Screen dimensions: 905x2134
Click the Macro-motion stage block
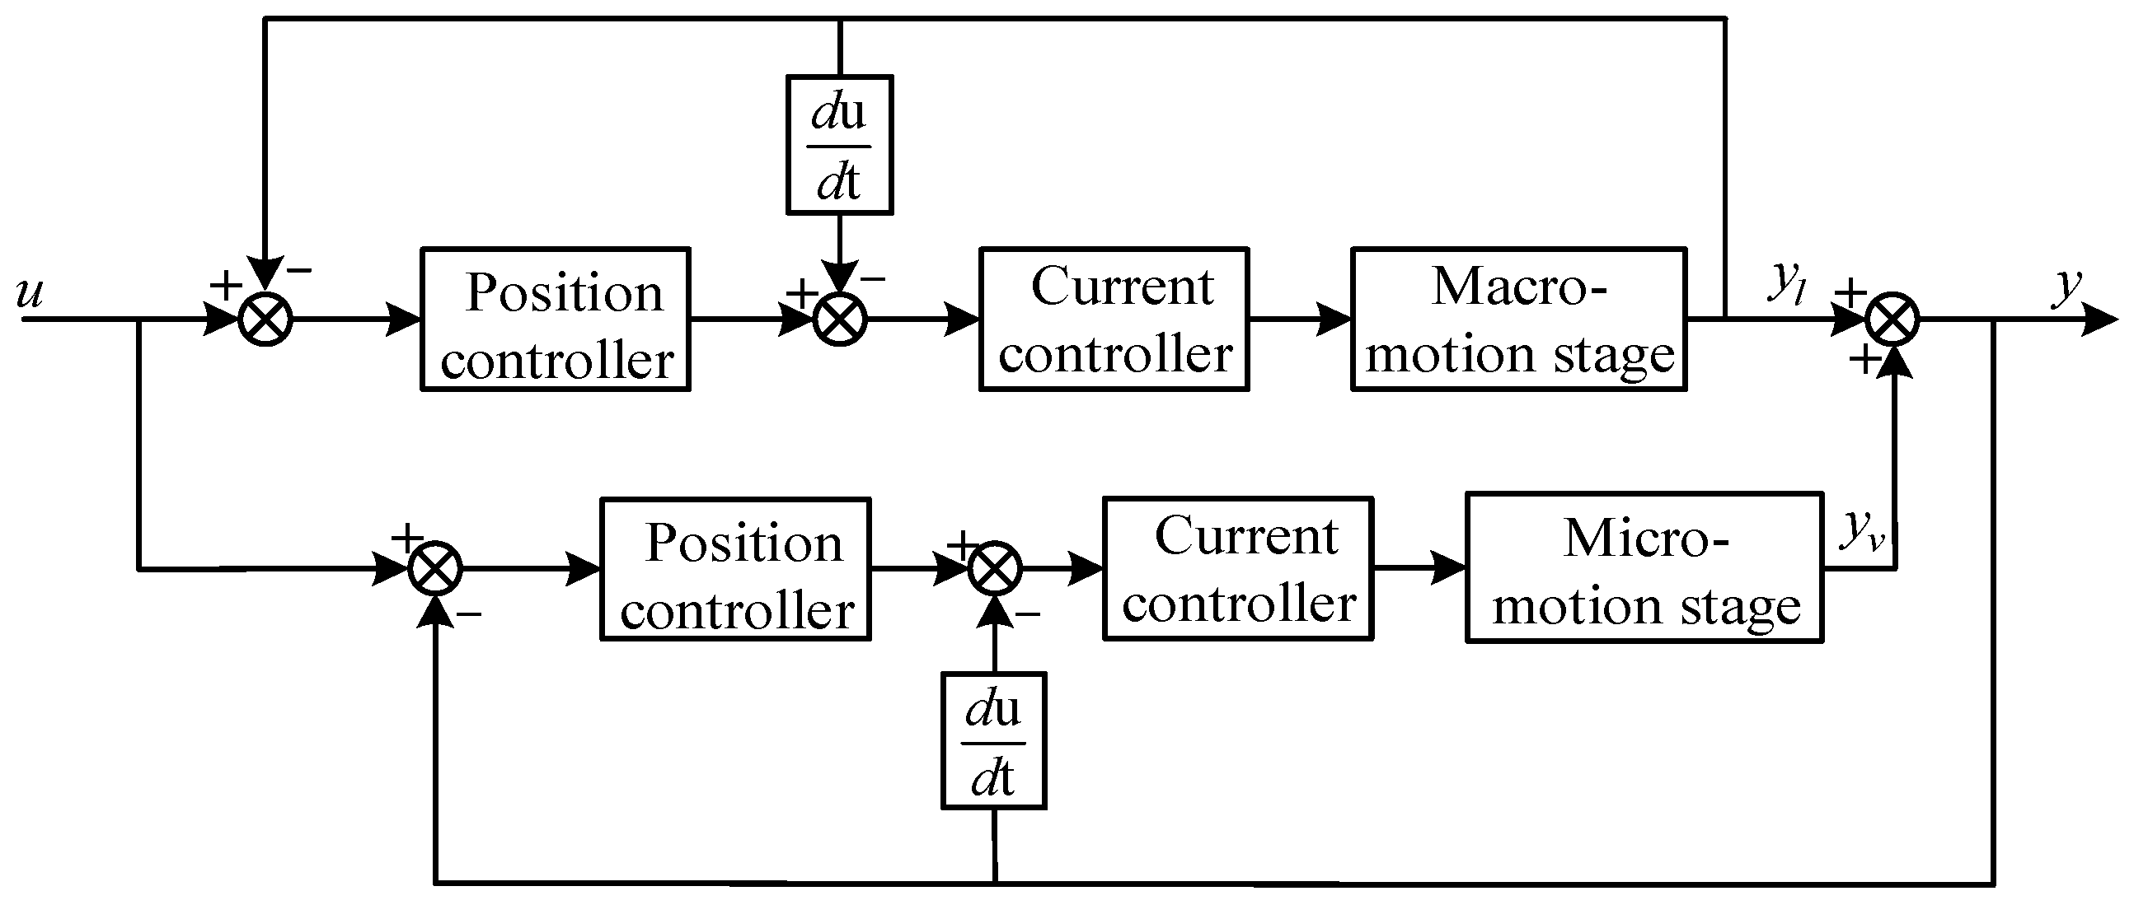point(1518,319)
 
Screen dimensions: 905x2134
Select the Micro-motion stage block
point(1644,568)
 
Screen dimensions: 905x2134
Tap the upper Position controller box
point(555,319)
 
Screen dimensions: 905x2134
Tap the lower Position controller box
point(734,569)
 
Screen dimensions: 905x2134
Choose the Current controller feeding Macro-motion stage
point(1114,319)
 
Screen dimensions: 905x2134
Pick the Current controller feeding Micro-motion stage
point(1238,568)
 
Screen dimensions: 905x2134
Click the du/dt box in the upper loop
point(839,145)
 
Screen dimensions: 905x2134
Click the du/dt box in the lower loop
point(993,740)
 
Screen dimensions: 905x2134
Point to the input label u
point(30,292)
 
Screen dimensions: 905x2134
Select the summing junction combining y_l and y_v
point(1892,320)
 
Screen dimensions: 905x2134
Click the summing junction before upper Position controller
point(265,320)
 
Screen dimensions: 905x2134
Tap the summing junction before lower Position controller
point(435,569)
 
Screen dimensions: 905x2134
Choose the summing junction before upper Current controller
point(839,320)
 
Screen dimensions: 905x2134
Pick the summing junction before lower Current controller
point(994,569)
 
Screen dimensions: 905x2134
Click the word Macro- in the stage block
point(1518,287)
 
